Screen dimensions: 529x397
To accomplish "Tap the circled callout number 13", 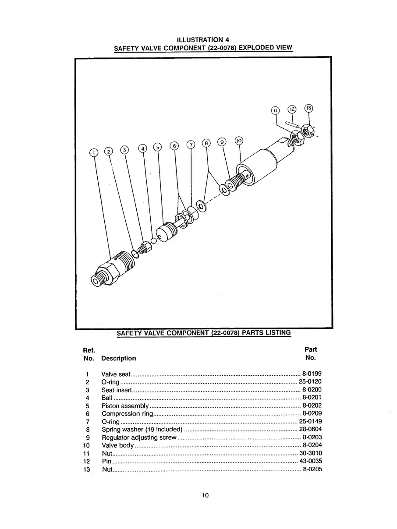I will [x=308, y=109].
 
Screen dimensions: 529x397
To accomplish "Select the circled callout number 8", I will [x=206, y=143].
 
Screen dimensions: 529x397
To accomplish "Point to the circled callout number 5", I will [x=157, y=147].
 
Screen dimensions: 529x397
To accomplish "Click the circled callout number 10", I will [x=239, y=141].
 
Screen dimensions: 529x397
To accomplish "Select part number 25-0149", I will [x=310, y=422].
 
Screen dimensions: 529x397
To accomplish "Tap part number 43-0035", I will [x=310, y=461].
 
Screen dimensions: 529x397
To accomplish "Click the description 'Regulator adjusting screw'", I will [x=139, y=437].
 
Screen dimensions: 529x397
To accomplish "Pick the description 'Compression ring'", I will [x=127, y=414].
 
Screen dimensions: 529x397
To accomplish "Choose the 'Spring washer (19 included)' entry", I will [x=142, y=430].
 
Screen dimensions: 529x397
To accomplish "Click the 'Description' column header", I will [x=118, y=358].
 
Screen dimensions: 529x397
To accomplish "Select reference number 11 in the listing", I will [x=87, y=453].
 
